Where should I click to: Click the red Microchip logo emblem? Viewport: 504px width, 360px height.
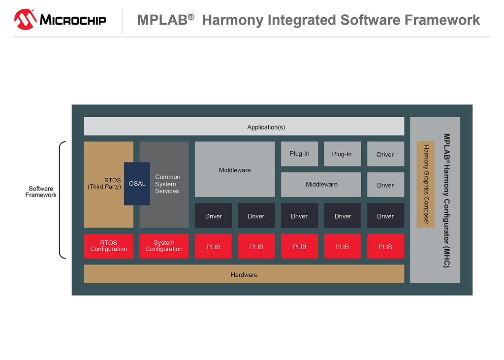25,19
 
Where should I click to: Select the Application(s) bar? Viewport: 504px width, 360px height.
244,126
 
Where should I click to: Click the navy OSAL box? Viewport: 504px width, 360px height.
137,184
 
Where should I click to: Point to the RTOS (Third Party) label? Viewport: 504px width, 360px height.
104,183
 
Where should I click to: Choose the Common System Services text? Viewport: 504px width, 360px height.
167,184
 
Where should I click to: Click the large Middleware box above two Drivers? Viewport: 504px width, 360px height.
235,169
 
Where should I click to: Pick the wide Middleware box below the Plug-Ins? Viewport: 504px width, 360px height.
321,185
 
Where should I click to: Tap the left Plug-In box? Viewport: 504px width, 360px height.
300,154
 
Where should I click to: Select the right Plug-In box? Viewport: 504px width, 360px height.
343,154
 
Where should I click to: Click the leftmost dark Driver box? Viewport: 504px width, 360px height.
214,216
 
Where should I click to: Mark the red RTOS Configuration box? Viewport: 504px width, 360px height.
109,246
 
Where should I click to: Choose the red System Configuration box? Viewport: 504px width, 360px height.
164,246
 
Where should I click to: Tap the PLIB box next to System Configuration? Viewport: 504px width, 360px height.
214,246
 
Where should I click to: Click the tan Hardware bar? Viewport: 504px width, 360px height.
244,274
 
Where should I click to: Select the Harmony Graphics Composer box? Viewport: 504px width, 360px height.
426,184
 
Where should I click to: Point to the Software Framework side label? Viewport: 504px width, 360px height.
41,192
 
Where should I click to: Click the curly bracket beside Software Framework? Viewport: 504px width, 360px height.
60,200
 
